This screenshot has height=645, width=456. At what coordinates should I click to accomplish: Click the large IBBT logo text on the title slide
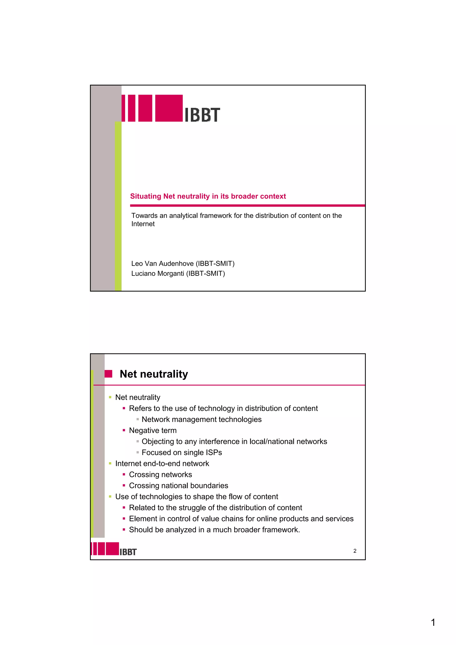point(202,115)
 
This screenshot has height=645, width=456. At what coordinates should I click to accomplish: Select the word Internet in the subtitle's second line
point(143,224)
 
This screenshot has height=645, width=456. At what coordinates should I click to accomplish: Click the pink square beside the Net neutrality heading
point(108,374)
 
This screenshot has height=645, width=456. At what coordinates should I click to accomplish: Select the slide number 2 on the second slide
point(355,551)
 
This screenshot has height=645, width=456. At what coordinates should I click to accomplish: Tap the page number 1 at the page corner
point(433,622)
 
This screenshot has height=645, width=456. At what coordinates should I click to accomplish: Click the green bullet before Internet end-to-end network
point(110,464)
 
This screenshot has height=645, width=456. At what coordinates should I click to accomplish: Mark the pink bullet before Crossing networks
point(124,474)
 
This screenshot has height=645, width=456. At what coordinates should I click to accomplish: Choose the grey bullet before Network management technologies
point(138,419)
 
